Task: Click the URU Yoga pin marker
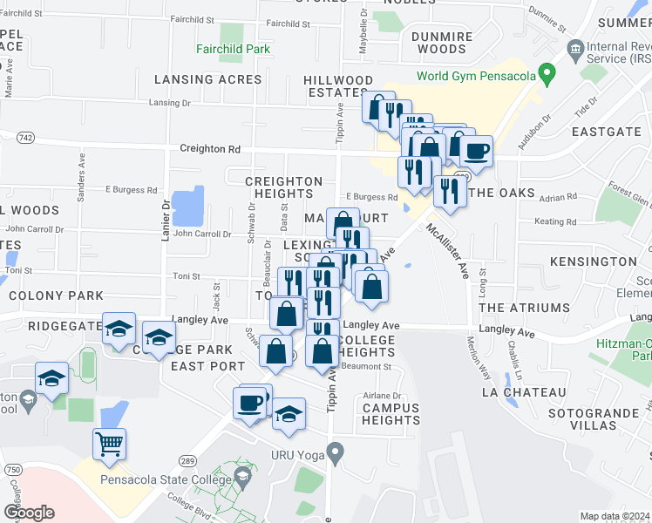[334, 452]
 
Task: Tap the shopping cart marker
[109, 445]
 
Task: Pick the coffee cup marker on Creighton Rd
[476, 151]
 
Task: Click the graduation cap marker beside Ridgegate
[119, 329]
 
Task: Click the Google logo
[29, 512]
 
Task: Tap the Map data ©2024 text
[615, 516]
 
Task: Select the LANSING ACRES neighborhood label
[207, 79]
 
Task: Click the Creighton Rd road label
[209, 149]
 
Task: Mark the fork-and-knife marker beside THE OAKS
[449, 190]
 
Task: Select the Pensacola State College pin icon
[243, 477]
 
